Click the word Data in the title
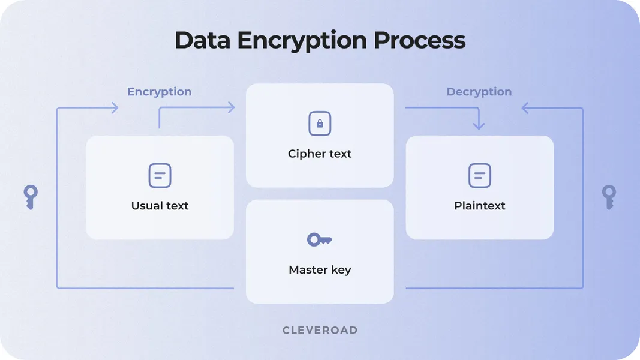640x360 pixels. (203, 40)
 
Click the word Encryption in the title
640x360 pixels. (302, 40)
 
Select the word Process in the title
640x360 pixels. (419, 40)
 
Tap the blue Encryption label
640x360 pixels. (159, 92)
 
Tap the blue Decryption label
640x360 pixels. (479, 92)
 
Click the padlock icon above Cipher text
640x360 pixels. (320, 124)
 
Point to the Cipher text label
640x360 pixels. (320, 154)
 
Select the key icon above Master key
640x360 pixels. (319, 240)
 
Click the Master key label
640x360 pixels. (320, 270)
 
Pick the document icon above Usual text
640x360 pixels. (160, 176)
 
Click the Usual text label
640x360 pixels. (160, 206)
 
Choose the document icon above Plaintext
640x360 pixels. (479, 176)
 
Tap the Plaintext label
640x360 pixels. (479, 206)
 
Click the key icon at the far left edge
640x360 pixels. (31, 197)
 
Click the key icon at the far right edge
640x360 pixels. (609, 197)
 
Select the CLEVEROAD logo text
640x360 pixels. (320, 330)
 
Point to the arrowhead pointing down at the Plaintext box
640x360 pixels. (478, 125)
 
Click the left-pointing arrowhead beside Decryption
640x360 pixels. (526, 108)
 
